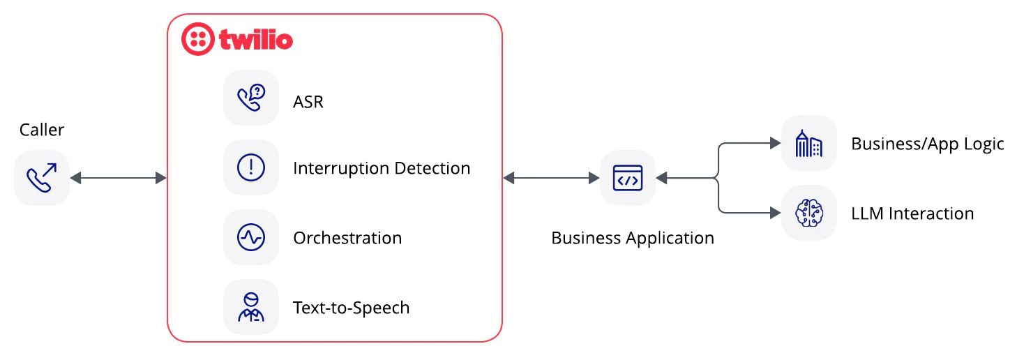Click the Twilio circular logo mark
click(198, 39)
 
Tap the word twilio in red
click(255, 40)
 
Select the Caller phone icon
click(42, 178)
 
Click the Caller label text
click(42, 130)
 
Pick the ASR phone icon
click(251, 98)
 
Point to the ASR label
click(308, 102)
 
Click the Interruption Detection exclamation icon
click(251, 168)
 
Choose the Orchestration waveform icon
click(251, 238)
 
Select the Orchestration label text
click(347, 238)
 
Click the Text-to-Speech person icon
click(251, 307)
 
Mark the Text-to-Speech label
click(351, 308)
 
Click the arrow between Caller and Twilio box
click(118, 179)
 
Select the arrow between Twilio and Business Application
click(551, 179)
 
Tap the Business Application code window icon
click(628, 179)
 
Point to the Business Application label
click(633, 238)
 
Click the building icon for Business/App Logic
click(809, 144)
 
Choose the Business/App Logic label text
click(928, 144)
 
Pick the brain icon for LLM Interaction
click(809, 213)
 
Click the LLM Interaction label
click(912, 213)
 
